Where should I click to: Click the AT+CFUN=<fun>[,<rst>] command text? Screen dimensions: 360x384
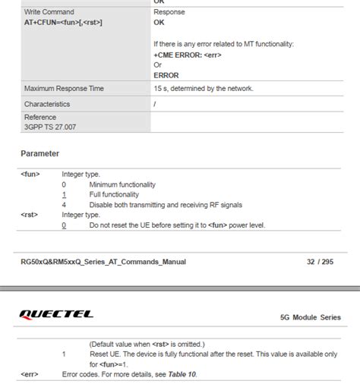63,23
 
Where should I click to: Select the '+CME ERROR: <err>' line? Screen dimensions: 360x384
187,55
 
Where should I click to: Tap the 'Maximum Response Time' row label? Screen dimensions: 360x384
64,89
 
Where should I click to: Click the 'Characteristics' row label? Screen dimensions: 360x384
46,104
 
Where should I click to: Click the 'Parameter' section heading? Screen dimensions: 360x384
39,154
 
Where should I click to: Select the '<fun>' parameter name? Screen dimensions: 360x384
30,175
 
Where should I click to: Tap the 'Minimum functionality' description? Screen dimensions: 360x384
122,184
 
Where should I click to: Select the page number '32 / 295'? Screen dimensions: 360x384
320,262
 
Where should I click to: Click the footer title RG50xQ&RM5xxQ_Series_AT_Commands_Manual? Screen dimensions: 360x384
103,262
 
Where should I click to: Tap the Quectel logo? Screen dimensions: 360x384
57,314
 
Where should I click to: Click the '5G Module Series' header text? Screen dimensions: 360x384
311,316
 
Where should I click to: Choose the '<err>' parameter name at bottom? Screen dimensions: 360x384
30,374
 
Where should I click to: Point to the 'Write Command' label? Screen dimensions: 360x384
49,12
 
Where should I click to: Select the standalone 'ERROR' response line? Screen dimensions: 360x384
166,74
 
